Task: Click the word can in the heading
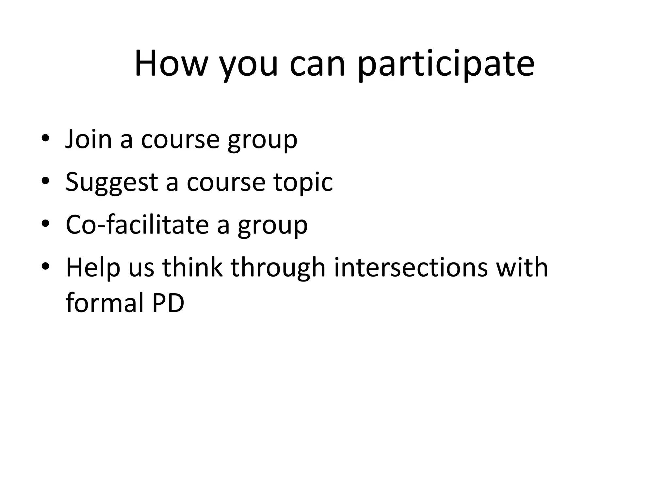pyautogui.click(x=317, y=65)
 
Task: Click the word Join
pyautogui.click(x=89, y=139)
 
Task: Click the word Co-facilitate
pyautogui.click(x=137, y=225)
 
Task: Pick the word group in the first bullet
pyautogui.click(x=263, y=141)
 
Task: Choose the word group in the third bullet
pyautogui.click(x=273, y=226)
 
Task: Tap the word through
pyautogui.click(x=278, y=268)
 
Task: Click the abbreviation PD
pyautogui.click(x=168, y=303)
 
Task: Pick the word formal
pyautogui.click(x=105, y=303)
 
